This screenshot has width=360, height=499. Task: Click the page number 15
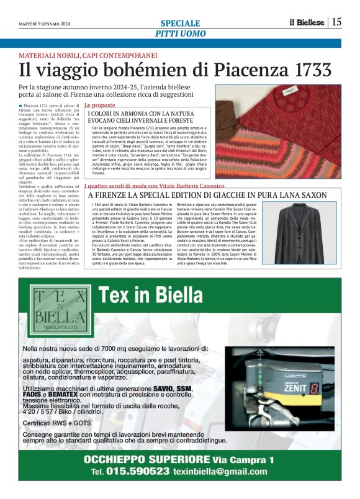point(336,22)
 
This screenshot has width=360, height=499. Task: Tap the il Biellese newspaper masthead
point(307,22)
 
